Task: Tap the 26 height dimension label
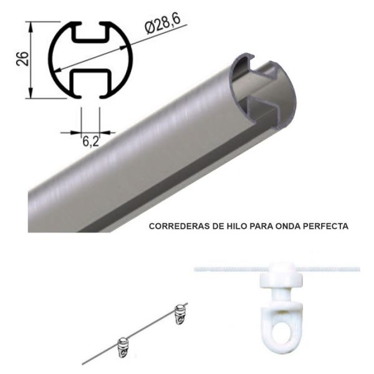pyautogui.click(x=22, y=59)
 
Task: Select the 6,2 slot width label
pyautogui.click(x=90, y=141)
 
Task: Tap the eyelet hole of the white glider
pyautogui.click(x=282, y=329)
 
